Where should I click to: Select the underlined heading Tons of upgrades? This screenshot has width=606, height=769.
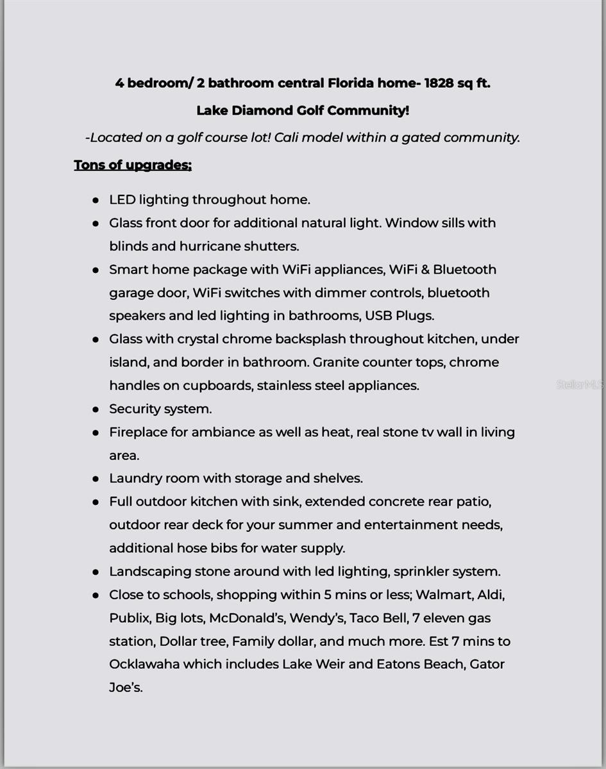tap(133, 165)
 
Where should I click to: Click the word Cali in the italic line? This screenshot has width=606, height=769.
tap(287, 137)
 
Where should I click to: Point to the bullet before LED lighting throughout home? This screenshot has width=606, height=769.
tap(96, 200)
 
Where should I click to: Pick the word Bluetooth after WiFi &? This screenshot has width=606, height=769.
tap(464, 269)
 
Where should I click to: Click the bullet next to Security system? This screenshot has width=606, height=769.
tap(96, 409)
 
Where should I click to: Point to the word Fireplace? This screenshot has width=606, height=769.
tap(138, 432)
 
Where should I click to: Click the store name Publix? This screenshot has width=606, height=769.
tap(129, 618)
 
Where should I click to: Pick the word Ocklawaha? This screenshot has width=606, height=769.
tap(144, 664)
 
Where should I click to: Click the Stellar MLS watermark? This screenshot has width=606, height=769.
tap(580, 384)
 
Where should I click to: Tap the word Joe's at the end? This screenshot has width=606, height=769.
tap(126, 688)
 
